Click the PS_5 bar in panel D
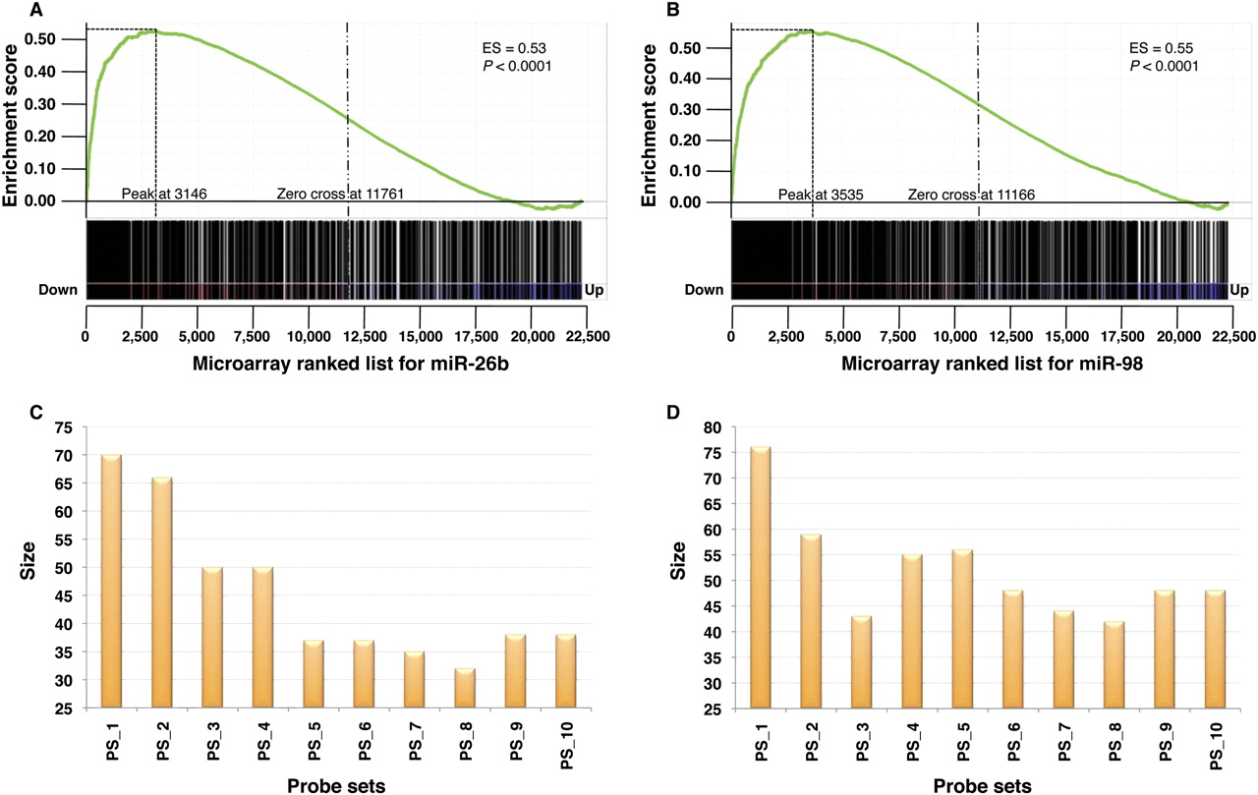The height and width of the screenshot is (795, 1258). pos(962,628)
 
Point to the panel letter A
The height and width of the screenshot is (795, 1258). pos(36,11)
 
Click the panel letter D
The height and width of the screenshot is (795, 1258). pos(673,414)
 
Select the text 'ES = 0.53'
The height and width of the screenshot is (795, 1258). pos(505,46)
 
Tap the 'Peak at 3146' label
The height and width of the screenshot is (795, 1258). pos(163,194)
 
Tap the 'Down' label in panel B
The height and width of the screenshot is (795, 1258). pos(705,290)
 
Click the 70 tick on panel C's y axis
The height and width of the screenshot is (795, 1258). pos(63,456)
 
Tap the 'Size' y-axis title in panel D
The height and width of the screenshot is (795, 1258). pos(679,567)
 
